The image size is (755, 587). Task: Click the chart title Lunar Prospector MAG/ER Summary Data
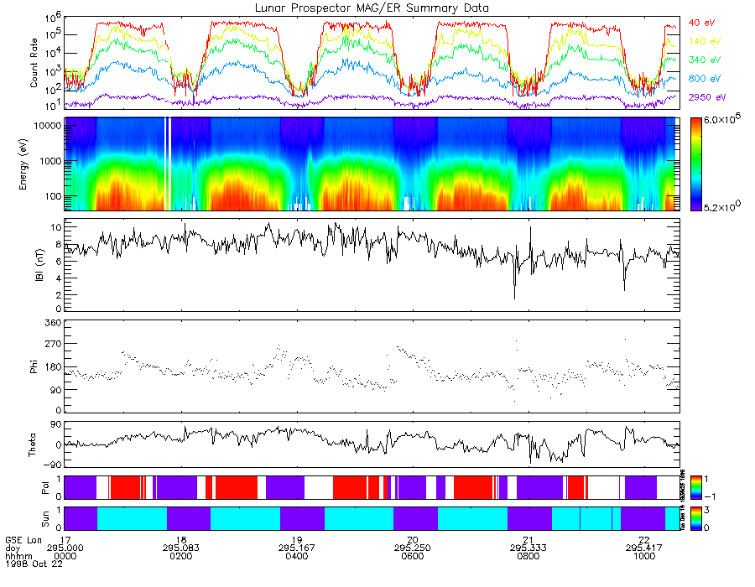(372, 8)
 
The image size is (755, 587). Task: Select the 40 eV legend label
(701, 22)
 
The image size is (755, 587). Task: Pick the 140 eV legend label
(703, 40)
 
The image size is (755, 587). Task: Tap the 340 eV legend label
(703, 60)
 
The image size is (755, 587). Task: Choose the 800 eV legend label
(703, 79)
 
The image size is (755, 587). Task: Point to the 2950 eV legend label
(706, 98)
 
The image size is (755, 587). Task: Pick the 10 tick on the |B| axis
(55, 227)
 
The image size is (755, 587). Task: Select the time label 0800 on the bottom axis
(528, 555)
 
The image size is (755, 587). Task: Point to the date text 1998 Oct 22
(29, 564)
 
